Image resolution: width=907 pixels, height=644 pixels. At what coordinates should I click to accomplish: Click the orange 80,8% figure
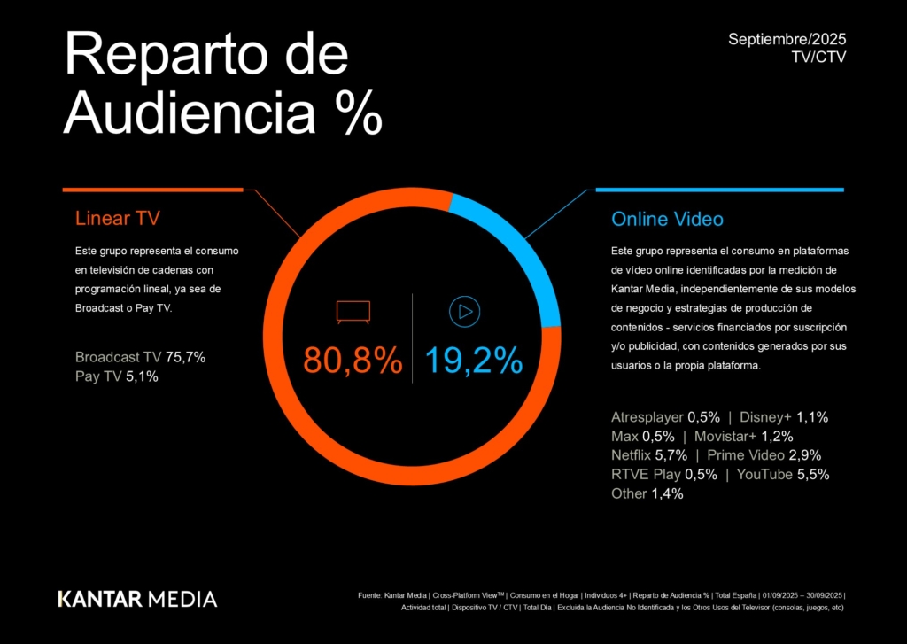coord(353,361)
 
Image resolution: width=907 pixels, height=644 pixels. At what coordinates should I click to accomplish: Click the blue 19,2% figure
coord(474,361)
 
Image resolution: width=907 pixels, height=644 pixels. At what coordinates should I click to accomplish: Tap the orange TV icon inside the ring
coord(353,312)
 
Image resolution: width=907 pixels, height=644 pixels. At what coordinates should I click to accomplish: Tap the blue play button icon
coord(464,312)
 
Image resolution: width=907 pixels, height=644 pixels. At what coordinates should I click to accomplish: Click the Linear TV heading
coord(118,219)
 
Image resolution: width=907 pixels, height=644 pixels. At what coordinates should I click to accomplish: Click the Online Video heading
coord(667,219)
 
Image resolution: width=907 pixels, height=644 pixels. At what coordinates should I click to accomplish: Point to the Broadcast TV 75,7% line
coord(140,357)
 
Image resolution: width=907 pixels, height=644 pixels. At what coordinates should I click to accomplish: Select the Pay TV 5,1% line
coord(117,376)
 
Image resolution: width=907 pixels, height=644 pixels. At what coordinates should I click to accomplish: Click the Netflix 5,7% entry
coord(649,455)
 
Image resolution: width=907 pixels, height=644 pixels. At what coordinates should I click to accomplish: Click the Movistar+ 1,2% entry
coord(743,437)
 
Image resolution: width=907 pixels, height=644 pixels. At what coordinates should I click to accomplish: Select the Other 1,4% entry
coord(647,494)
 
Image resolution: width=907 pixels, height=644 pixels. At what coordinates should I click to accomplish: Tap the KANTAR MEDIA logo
coord(137,598)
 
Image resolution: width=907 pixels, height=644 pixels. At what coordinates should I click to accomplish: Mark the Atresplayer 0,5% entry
coord(665,417)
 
